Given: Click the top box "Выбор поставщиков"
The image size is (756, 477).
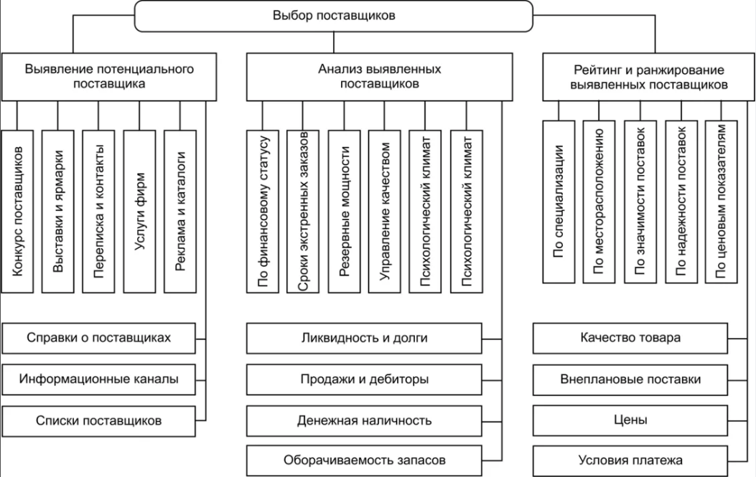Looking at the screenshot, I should click(334, 16).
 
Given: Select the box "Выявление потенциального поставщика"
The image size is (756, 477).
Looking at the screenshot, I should click(110, 76).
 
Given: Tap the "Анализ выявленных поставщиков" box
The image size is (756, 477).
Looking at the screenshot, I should click(379, 76).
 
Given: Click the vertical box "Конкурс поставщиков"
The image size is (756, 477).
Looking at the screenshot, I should click(17, 212).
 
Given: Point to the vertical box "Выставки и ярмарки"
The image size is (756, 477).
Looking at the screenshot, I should click(58, 212).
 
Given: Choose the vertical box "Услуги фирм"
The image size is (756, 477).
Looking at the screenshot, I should click(140, 212).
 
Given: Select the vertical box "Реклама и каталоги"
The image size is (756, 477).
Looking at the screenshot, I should click(181, 212).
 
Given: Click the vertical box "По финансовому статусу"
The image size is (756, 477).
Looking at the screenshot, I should click(263, 212).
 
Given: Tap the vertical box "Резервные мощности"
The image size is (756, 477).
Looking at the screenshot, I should click(345, 212).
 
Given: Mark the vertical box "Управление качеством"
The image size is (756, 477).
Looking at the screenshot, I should click(386, 212).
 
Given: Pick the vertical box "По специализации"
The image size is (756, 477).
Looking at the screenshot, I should click(559, 201).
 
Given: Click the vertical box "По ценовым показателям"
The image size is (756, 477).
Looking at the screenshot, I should click(722, 201).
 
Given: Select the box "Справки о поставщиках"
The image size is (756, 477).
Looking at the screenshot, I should click(98, 337).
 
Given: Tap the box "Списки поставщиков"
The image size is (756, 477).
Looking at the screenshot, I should click(98, 420).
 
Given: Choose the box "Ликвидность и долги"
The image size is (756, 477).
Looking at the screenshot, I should click(364, 337).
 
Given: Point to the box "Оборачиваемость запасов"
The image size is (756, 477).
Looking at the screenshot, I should click(364, 460).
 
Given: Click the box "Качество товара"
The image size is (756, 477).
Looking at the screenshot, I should click(630, 337).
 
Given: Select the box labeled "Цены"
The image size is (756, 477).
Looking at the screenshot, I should click(630, 420).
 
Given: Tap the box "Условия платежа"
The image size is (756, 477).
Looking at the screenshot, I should click(630, 460).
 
